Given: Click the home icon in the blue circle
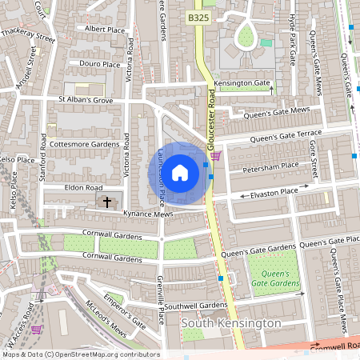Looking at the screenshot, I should point(180,172).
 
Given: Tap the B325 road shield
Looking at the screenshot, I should point(198,17).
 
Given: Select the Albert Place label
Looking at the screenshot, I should point(105,30).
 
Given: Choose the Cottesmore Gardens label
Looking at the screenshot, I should point(84,144).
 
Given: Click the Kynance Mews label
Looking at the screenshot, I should point(148,214).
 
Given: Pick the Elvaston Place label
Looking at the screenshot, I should point(274,192).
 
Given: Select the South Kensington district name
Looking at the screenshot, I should point(231,323).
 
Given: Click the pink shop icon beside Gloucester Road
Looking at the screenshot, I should point(216,157).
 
